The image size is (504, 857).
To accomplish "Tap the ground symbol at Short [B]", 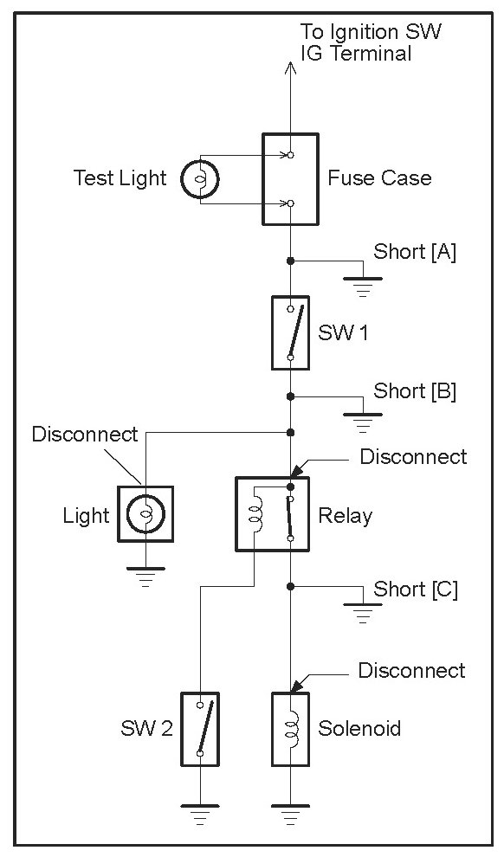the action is pos(363,423).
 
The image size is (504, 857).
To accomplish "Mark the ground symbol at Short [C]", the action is pos(363,613).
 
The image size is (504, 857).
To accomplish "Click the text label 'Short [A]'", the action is pos(414,252).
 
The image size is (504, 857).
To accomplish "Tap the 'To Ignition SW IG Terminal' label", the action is pos(371,42).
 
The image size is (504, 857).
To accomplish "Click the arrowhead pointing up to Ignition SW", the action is pos(290,68).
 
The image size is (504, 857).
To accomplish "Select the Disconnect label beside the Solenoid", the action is pos(411,671).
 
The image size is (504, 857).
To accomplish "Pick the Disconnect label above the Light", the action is pos(85,435).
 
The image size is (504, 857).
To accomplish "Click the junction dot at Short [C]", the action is pos(290,586).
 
